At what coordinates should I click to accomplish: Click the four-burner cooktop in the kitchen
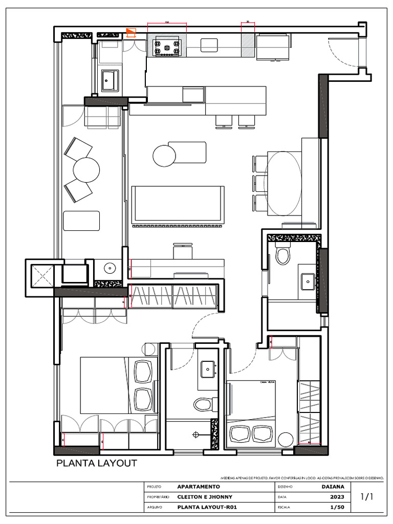(167, 47)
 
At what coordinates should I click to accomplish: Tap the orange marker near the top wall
(132, 33)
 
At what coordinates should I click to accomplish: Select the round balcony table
(86, 170)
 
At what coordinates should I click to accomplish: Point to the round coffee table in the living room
(164, 156)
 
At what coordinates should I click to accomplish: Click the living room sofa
(178, 204)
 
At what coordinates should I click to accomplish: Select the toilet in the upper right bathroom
(282, 254)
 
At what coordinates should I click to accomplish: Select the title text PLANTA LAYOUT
(96, 464)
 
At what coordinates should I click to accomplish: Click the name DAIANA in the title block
(333, 487)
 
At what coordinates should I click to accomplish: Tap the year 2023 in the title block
(336, 497)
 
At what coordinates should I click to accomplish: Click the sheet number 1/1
(367, 496)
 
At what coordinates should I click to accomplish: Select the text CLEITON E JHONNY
(205, 497)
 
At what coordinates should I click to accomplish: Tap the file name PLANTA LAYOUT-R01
(207, 507)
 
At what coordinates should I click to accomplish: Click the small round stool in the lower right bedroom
(285, 440)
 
